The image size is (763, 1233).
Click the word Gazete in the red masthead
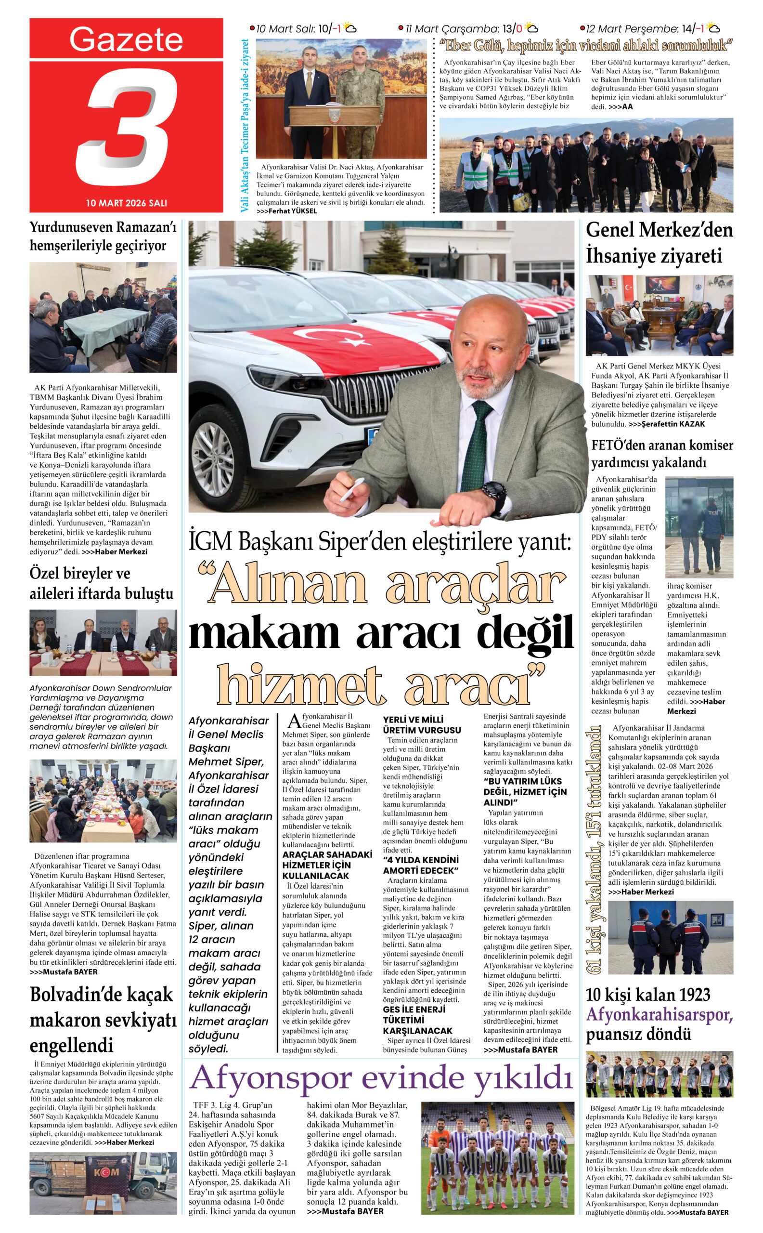126,39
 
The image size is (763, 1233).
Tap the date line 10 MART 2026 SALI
126,203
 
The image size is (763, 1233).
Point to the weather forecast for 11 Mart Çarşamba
467,29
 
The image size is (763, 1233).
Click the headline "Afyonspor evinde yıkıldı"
381,1078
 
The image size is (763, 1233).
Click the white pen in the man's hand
351,489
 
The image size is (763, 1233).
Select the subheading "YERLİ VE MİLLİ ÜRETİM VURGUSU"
421,724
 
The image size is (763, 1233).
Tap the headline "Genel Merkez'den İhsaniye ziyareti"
659,243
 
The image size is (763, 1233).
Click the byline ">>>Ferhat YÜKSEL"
286,211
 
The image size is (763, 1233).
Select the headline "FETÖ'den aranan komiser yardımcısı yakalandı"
662,453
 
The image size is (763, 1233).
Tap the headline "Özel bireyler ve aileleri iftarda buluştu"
102,583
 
